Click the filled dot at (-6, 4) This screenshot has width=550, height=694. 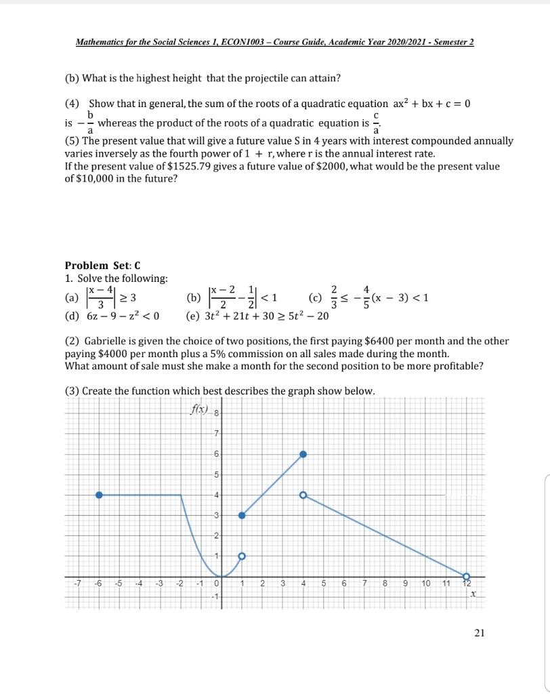[99, 495]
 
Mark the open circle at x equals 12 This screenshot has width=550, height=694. [466, 575]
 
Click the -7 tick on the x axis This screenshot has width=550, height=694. [79, 584]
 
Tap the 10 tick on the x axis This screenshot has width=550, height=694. [425, 584]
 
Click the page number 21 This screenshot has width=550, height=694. [480, 633]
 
